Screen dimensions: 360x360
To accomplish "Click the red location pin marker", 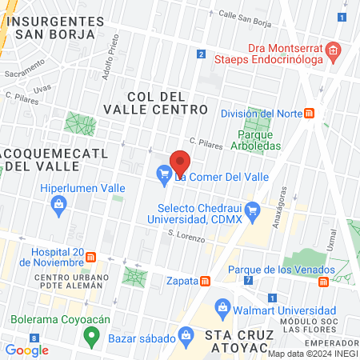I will [x=180, y=161].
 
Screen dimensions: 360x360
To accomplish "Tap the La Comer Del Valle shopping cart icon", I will [x=164, y=172].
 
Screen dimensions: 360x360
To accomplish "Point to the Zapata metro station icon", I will [x=206, y=281].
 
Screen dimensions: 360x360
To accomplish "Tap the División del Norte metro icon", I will [x=309, y=114].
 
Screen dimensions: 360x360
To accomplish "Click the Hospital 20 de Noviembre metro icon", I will [x=91, y=258].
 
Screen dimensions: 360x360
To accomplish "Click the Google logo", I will [x=26, y=350].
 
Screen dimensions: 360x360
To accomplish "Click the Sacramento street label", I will [x=24, y=73].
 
